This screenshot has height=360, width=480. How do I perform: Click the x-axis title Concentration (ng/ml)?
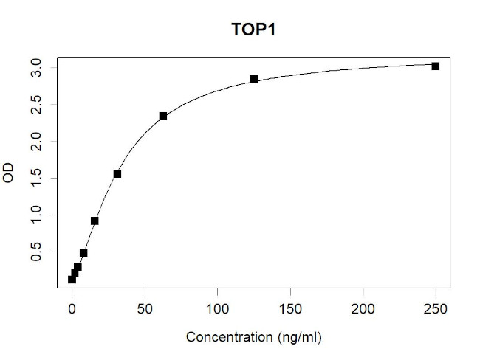click(x=255, y=337)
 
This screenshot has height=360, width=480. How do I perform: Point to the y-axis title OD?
click(x=10, y=175)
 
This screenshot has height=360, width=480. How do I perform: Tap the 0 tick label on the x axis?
click(x=72, y=311)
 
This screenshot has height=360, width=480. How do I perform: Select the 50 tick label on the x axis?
click(x=145, y=311)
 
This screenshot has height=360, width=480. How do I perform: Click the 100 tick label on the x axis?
click(x=217, y=311)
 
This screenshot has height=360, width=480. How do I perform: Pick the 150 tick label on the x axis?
click(x=290, y=311)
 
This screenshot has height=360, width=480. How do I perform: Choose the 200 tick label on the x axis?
click(x=363, y=311)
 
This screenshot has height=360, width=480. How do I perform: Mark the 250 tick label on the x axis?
click(x=436, y=311)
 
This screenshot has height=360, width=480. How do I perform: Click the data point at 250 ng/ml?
click(x=436, y=66)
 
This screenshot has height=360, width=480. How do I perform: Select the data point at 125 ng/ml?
click(x=253, y=79)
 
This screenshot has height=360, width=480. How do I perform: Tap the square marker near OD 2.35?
click(x=163, y=116)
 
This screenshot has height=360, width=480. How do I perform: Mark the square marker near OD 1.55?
click(x=117, y=174)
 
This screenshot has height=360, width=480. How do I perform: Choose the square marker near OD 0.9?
click(x=95, y=221)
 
